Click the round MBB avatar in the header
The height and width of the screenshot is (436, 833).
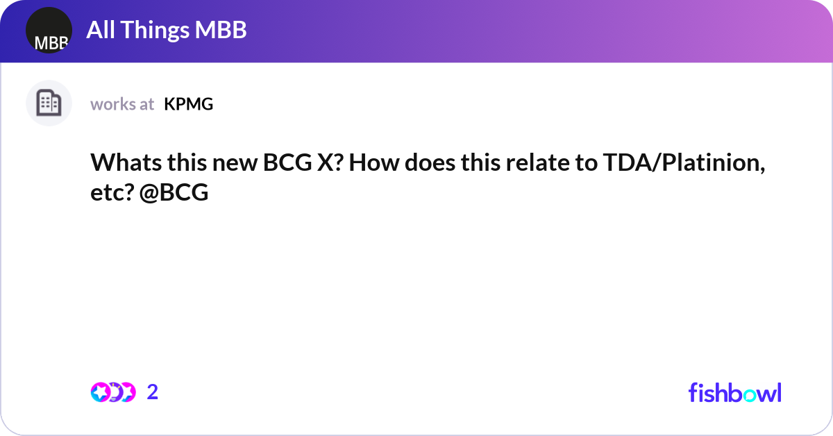tap(49, 31)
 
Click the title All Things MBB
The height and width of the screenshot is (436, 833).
tap(167, 30)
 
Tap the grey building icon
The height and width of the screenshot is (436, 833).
tap(49, 103)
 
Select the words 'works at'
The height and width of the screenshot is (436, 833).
tap(122, 104)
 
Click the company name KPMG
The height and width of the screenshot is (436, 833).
tap(189, 104)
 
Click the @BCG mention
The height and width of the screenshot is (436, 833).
tap(174, 193)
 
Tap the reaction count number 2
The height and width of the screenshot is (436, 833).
tap(153, 392)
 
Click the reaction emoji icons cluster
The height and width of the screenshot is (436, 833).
tap(112, 392)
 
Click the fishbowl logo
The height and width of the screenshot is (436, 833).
tap(734, 392)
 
